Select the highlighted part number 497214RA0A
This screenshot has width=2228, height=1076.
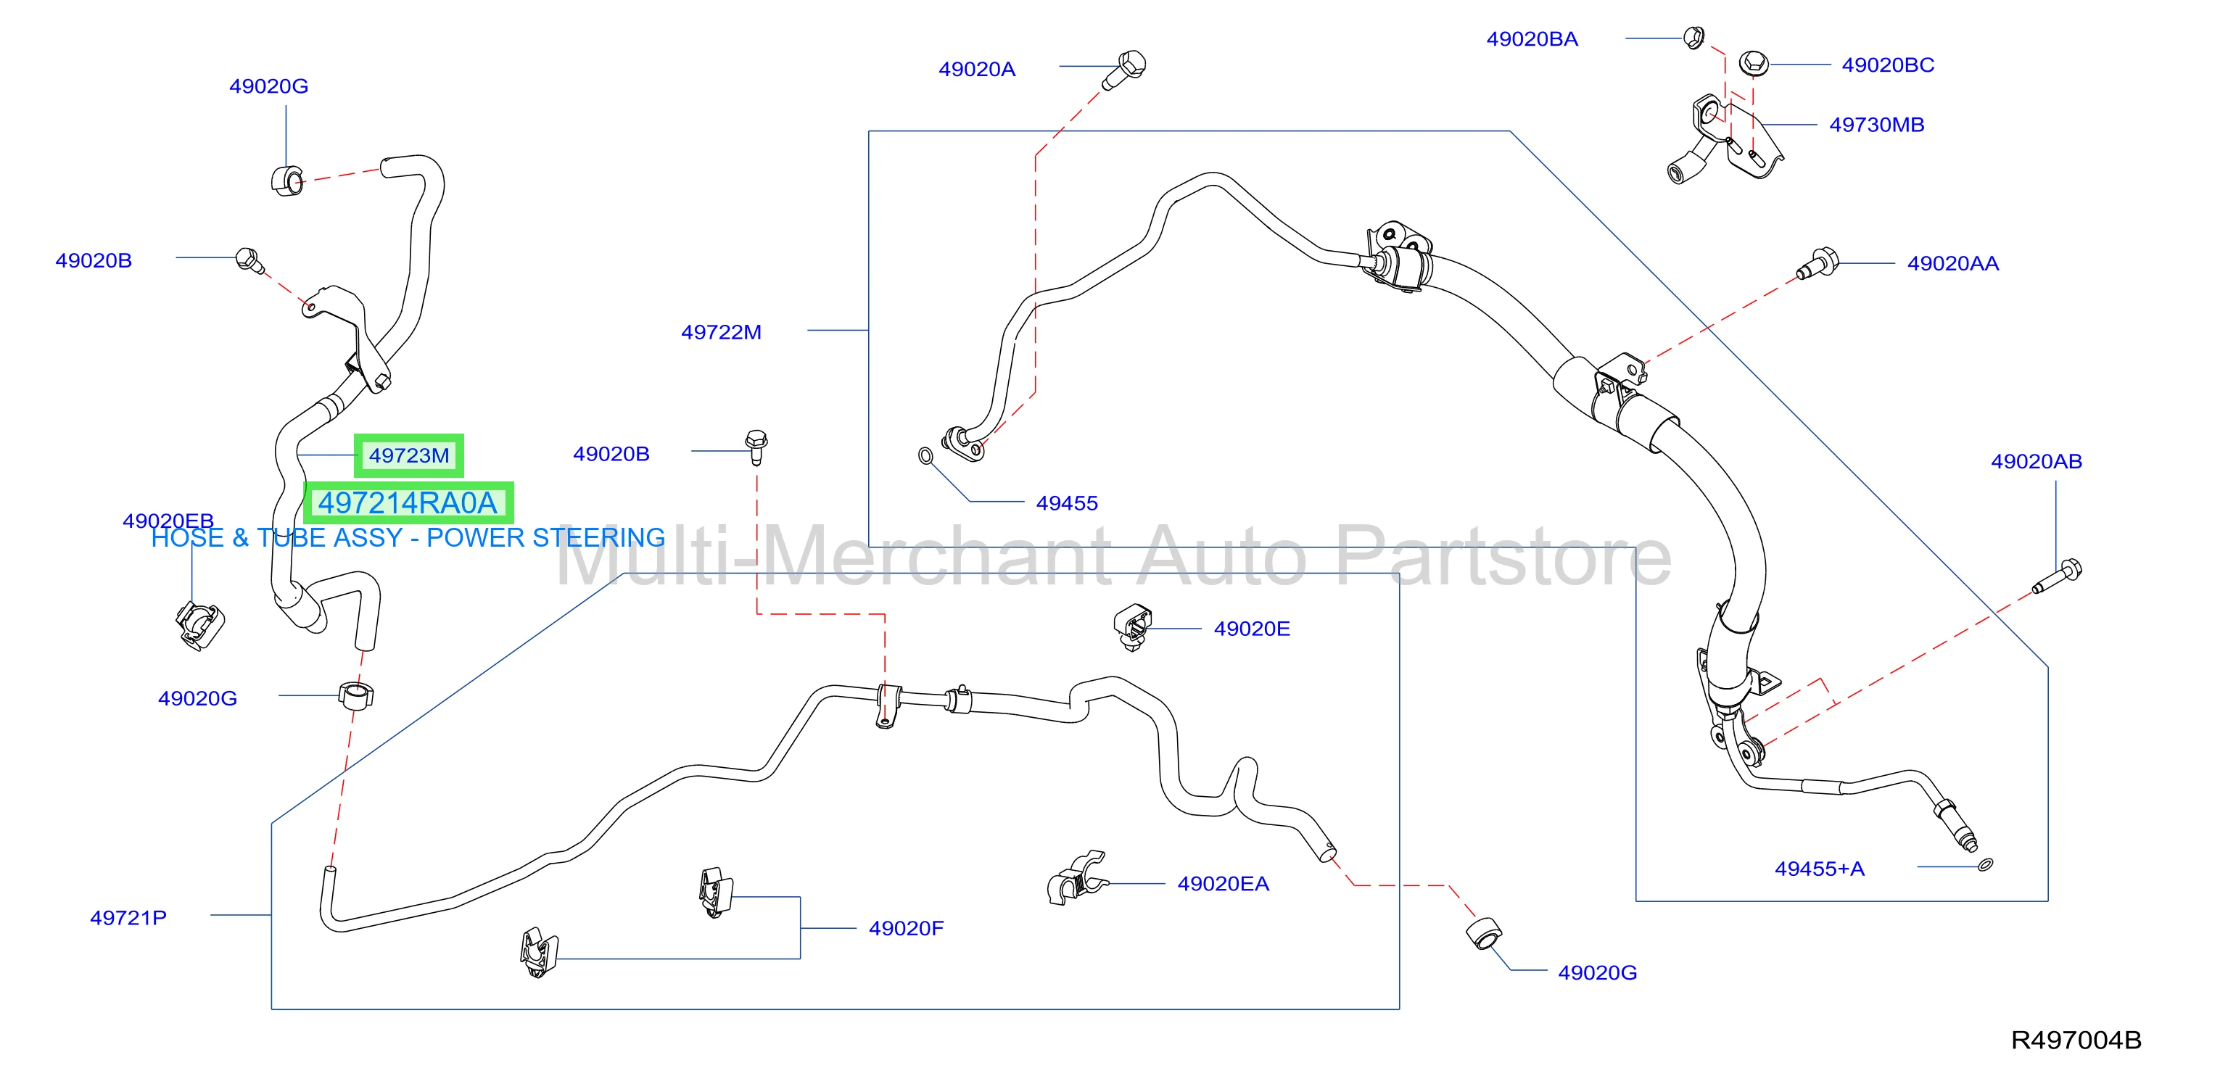(408, 502)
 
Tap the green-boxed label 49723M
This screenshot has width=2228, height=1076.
(409, 456)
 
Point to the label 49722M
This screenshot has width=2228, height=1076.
(722, 332)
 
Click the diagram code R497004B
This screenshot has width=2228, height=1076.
(2076, 1040)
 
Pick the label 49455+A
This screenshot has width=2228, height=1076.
(1820, 869)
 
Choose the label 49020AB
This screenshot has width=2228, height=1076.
(2036, 461)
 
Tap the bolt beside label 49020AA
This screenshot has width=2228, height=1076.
(1818, 263)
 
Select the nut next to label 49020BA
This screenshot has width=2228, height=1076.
(1693, 38)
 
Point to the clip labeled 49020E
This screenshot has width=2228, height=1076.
(1133, 626)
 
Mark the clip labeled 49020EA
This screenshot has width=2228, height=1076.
(1076, 879)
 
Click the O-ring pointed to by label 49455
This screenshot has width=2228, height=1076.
(925, 455)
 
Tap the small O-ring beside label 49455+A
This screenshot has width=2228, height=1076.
(1986, 864)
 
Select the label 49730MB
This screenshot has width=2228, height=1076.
(1877, 125)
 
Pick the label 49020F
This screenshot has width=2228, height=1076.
(907, 928)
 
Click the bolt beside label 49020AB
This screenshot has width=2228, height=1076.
(2057, 577)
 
